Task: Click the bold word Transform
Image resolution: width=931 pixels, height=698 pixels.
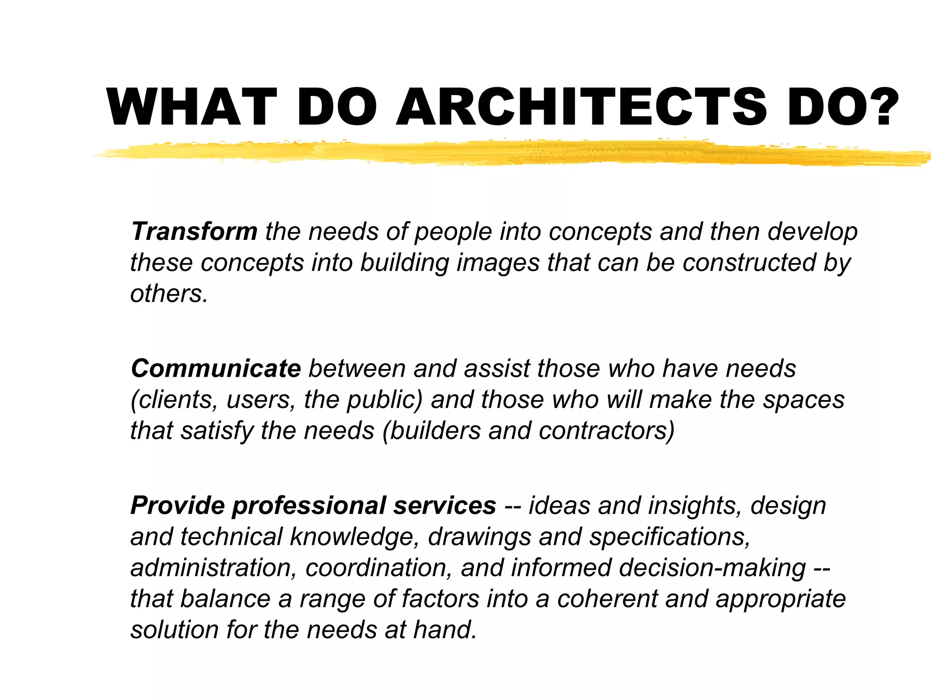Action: [x=194, y=231]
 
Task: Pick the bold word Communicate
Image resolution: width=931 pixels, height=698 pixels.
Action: [x=216, y=368]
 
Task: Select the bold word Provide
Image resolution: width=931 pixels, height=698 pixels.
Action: [x=177, y=505]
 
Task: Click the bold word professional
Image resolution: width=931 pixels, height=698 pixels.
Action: [x=309, y=506]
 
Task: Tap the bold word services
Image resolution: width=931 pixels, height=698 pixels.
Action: [x=445, y=505]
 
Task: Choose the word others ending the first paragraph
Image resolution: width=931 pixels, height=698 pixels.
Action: [x=169, y=294]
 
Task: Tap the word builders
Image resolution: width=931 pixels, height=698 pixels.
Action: [x=435, y=431]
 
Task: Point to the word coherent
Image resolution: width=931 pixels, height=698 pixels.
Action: [x=607, y=598]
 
